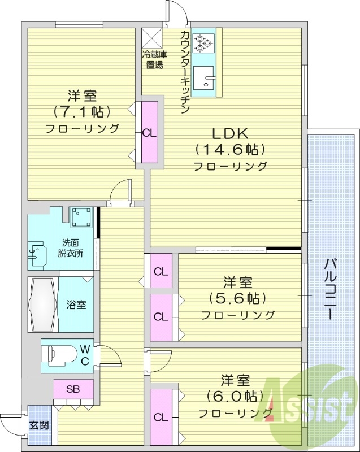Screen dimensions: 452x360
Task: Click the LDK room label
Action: [229, 134]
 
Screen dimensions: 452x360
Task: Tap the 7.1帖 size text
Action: [82, 111]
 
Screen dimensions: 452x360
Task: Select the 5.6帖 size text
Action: [237, 298]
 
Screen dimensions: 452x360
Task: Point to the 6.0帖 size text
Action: [236, 395]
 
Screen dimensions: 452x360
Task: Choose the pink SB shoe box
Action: [73, 389]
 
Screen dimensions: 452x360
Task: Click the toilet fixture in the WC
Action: [58, 355]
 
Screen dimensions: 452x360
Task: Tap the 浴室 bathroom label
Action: [76, 305]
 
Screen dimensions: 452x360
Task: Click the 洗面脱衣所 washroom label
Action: [70, 248]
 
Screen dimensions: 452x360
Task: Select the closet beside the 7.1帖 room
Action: [149, 134]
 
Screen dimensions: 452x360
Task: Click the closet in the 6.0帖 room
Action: [161, 418]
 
